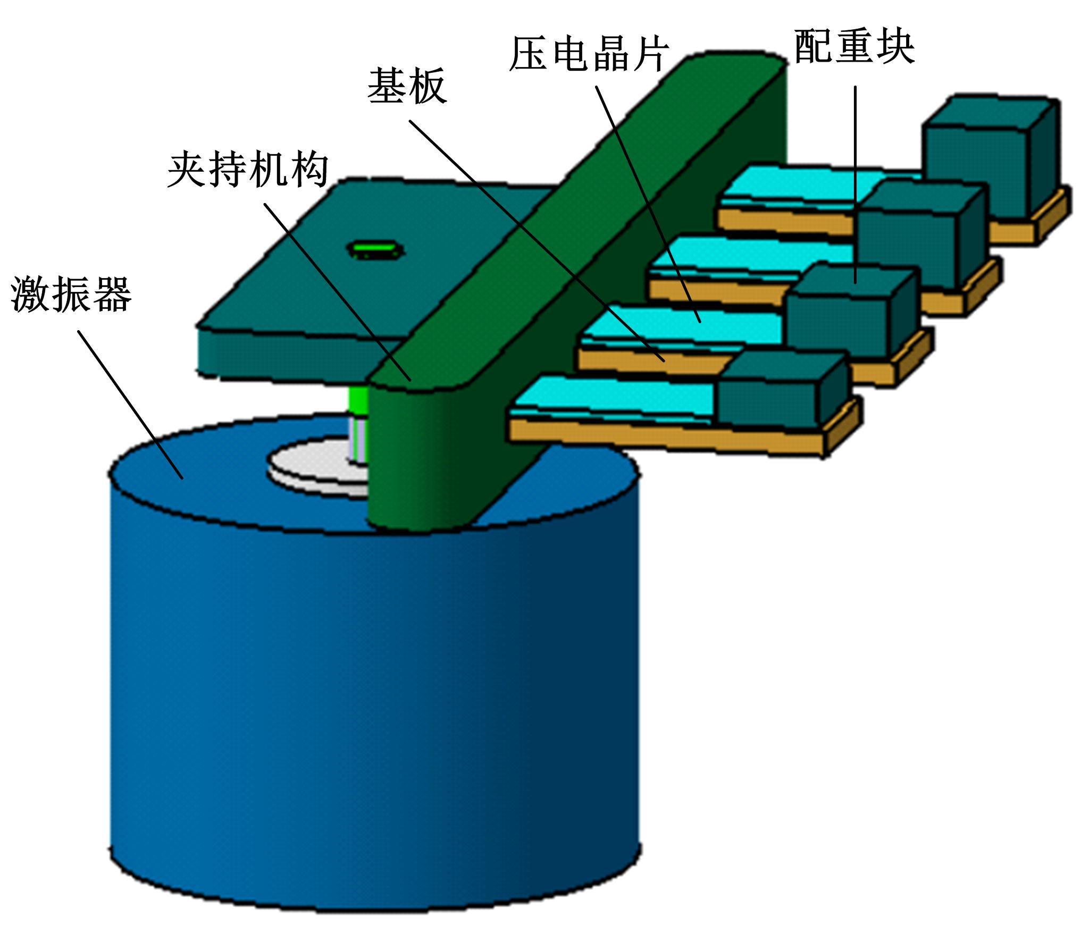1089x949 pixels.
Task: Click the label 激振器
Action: (x=71, y=294)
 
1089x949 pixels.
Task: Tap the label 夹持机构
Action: (x=248, y=170)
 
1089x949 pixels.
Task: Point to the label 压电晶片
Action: (x=589, y=54)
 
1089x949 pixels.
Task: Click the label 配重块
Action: (x=854, y=46)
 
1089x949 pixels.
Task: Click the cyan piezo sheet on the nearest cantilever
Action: (x=611, y=396)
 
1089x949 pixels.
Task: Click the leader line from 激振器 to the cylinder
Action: (x=130, y=404)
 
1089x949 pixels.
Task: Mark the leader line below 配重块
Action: (x=855, y=181)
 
